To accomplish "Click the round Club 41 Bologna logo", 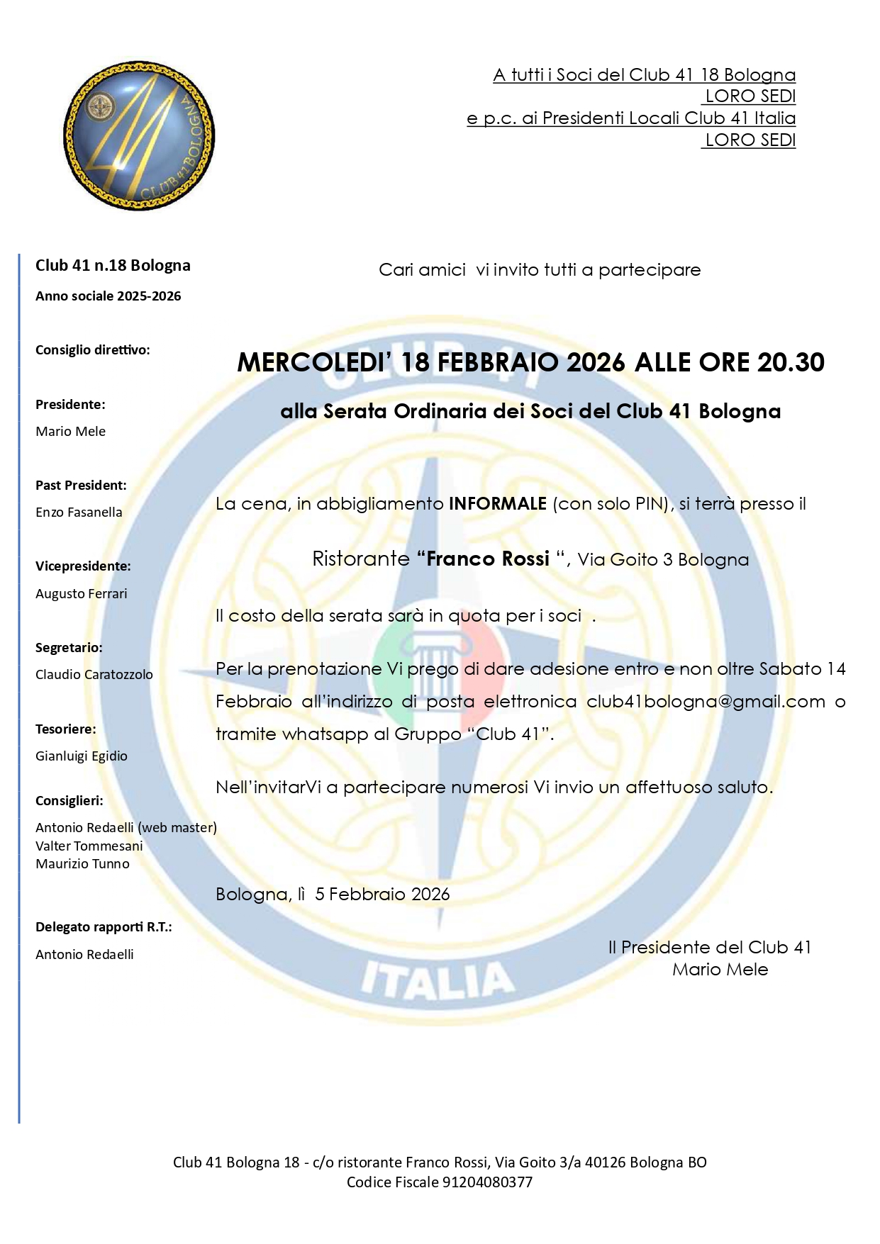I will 139,135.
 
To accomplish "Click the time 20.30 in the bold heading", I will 791,362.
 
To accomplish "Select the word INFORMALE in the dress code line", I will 497,504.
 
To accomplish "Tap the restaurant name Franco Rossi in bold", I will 488,559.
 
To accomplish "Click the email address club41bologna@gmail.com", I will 706,702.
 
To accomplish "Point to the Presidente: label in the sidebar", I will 70,405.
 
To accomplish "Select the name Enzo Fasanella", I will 79,512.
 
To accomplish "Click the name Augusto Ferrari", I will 82,594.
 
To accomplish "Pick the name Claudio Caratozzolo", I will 94,675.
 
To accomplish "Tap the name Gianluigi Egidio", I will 82,756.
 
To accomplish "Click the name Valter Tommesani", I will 89,846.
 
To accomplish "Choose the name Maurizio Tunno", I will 83,864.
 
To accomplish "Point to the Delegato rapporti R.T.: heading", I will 104,927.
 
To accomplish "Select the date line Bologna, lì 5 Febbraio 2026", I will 333,895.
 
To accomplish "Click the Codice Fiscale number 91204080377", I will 487,1182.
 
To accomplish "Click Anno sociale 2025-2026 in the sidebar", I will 108,296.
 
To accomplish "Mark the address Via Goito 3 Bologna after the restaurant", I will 663,560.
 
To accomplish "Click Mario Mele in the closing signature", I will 720,970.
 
